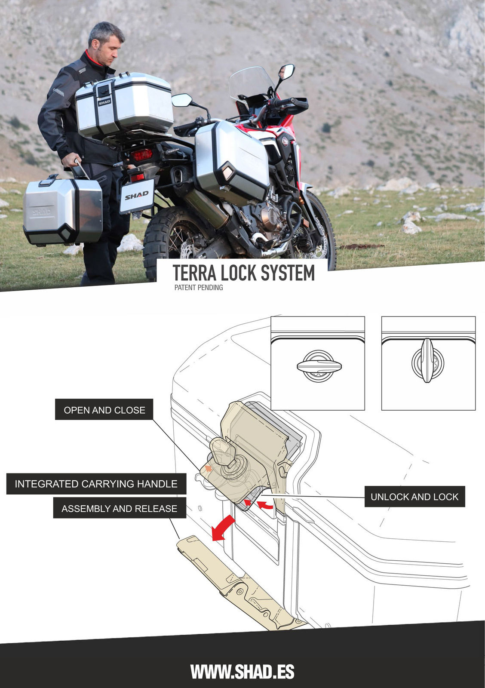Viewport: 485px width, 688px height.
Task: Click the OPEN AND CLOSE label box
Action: click(104, 410)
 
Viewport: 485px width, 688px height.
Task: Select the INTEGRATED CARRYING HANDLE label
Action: click(96, 484)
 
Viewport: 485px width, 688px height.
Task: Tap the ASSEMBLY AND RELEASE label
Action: click(119, 508)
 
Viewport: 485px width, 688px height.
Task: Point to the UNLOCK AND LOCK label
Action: click(414, 497)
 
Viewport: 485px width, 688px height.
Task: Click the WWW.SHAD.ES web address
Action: click(242, 672)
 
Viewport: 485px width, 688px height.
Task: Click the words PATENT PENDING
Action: click(199, 288)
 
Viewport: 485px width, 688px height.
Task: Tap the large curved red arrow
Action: click(223, 528)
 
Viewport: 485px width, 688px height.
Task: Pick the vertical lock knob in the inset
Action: click(427, 361)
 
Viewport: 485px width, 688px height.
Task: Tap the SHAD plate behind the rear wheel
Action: click(137, 196)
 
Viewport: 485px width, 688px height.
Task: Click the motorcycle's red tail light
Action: click(141, 155)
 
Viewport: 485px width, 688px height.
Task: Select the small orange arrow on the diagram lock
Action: click(208, 468)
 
